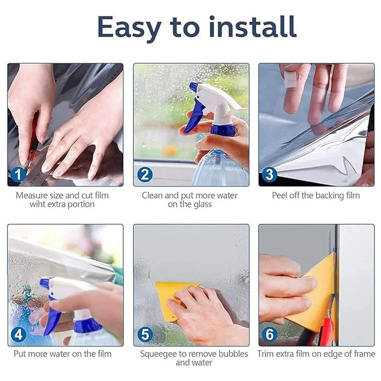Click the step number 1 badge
tap(18, 175)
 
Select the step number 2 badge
tap(144, 175)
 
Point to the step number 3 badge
tap(270, 175)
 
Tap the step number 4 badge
tap(18, 335)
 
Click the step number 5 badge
tap(144, 335)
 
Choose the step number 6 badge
tap(270, 335)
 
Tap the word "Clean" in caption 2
tap(153, 196)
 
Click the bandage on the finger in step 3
tap(291, 79)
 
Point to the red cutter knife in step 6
tap(327, 324)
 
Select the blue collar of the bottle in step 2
tap(223, 130)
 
